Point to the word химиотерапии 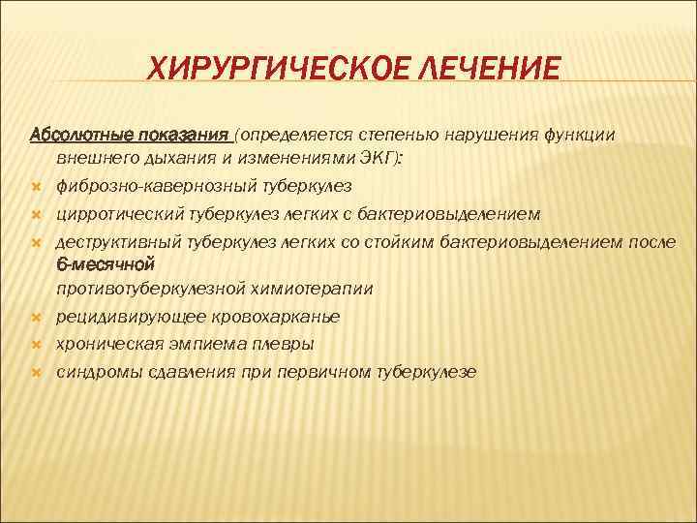coord(318,289)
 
